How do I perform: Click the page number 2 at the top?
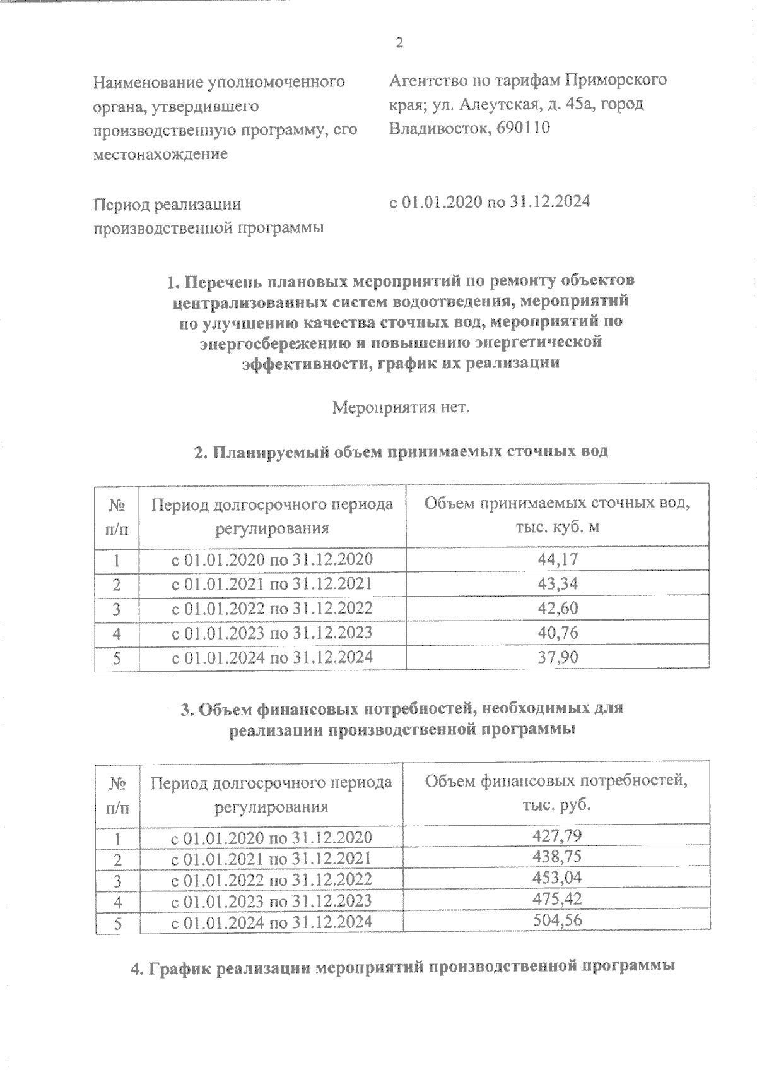(x=398, y=43)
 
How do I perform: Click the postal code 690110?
(x=523, y=128)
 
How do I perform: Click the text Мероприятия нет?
(x=401, y=407)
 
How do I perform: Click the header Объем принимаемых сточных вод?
(x=557, y=515)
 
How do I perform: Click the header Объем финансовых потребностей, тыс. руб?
(x=556, y=793)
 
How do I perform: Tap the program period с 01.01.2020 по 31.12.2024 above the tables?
(x=490, y=202)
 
